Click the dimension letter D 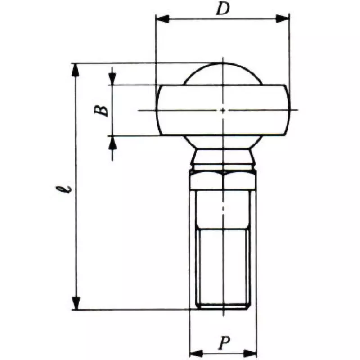(x=222, y=9)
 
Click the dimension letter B (x=103, y=109)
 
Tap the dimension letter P (x=223, y=343)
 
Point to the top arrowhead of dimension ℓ (x=77, y=70)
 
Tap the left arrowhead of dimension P (x=196, y=352)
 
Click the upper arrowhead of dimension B (x=112, y=79)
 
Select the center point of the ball (x=223, y=110)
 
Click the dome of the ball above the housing (x=222, y=73)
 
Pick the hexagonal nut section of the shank (x=223, y=180)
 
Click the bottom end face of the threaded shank (x=223, y=308)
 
